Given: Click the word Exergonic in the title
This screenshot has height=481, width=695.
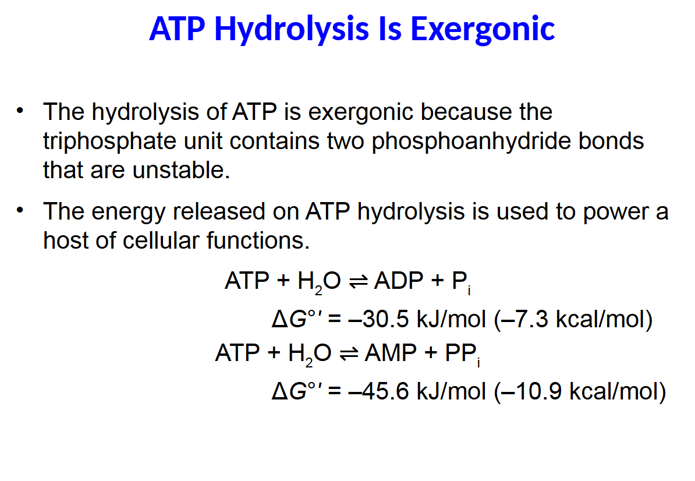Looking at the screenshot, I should pos(483,29).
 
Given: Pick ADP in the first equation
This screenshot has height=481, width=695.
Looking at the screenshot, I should pos(399,281).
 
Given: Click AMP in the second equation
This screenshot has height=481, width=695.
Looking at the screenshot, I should pos(391,353).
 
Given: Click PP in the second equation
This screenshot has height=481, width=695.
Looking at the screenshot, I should pos(460,353).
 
